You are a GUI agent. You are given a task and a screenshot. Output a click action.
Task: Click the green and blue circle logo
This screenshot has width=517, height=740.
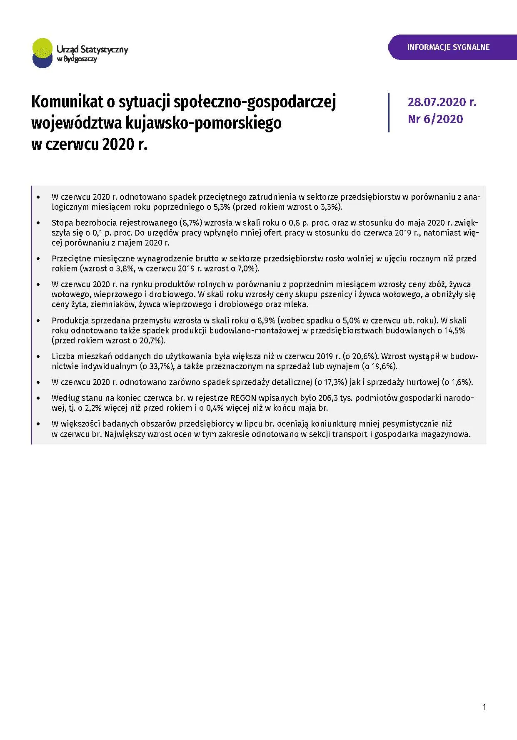42,53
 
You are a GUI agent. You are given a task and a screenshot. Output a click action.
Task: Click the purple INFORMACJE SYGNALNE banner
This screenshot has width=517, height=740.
448,47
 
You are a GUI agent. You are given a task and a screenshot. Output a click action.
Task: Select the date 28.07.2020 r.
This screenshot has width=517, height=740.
442,102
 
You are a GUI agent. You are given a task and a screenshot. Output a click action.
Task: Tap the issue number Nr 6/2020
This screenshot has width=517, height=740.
435,119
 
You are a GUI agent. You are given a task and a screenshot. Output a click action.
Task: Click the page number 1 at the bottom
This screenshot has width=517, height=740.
484,707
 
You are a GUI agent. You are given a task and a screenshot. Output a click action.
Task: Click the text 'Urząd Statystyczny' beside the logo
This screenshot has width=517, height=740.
92,49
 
